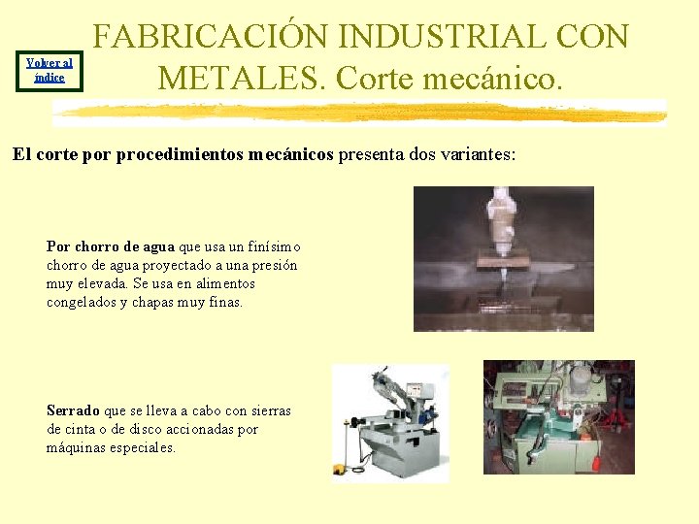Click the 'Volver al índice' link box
coord(49,70)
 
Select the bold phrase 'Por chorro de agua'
coord(111,246)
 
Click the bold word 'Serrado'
coord(73,410)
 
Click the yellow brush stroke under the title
coord(359,113)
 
